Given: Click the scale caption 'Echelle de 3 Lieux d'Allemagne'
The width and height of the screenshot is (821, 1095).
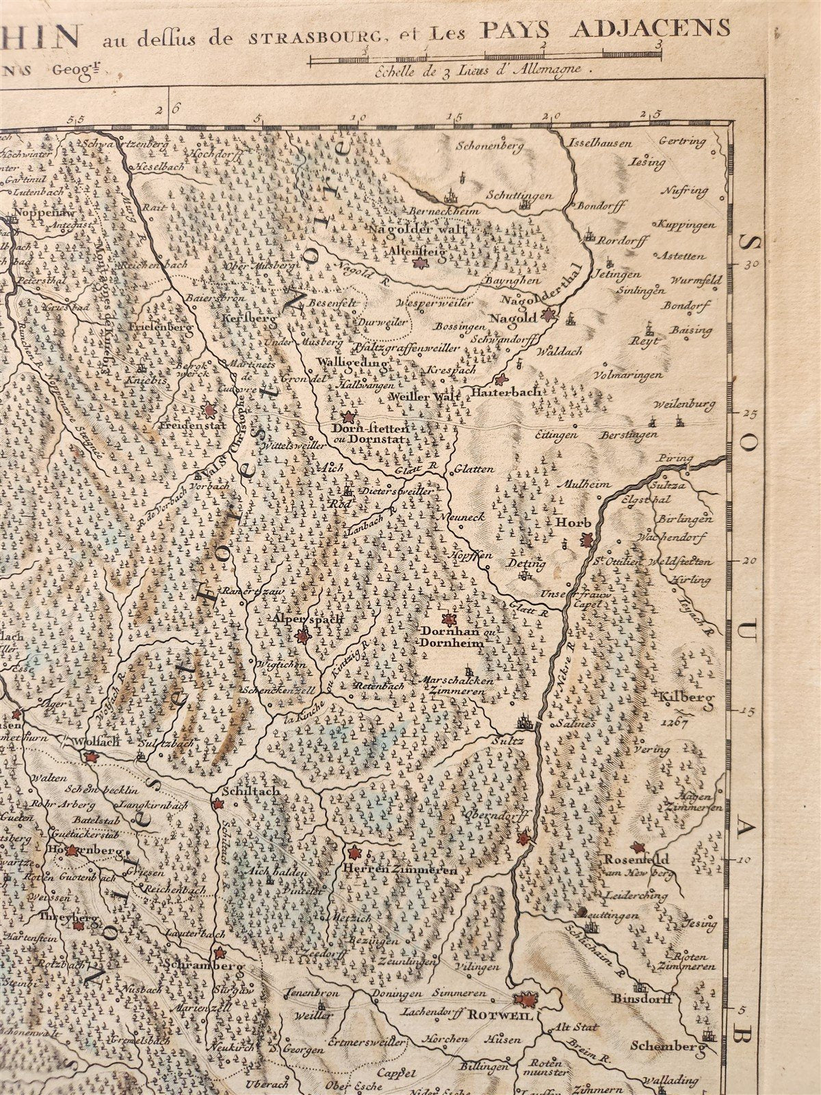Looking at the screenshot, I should (x=482, y=69).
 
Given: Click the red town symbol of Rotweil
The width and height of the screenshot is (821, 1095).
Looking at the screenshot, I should (x=527, y=1000).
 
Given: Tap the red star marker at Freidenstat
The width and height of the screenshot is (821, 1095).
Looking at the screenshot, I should (x=209, y=410).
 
